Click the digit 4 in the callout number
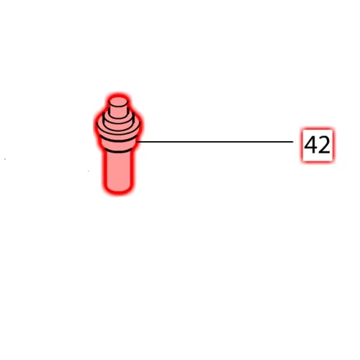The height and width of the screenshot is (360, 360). [311, 145]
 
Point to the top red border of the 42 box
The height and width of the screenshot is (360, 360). [318, 129]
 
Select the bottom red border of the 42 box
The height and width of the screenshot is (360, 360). [318, 161]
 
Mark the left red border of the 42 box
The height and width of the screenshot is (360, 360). [302, 145]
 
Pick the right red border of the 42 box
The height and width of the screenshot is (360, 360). [333, 145]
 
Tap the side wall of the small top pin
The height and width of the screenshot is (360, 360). [118, 112]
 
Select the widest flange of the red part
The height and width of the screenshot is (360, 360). [118, 130]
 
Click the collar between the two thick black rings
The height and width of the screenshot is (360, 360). [118, 145]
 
